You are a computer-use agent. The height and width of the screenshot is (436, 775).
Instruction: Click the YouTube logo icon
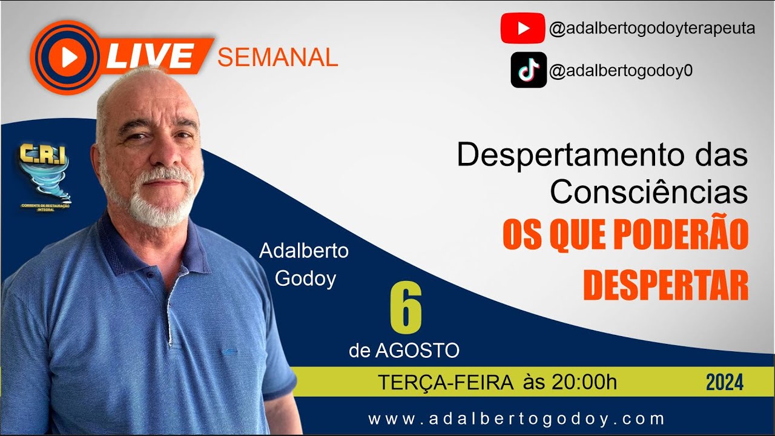coord(523,28)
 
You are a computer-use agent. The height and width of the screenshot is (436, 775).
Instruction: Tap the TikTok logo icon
coord(529,70)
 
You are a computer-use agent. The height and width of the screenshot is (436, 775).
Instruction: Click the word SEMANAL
coord(277,57)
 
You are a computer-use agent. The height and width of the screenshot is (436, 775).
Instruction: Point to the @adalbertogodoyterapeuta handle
coord(651,28)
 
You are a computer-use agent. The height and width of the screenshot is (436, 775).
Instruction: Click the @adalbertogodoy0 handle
coord(621,71)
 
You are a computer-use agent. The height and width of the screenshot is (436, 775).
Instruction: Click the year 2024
coord(724,383)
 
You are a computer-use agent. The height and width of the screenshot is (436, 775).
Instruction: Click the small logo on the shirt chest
coord(230,351)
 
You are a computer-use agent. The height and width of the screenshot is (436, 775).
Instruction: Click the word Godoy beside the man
coord(305,280)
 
